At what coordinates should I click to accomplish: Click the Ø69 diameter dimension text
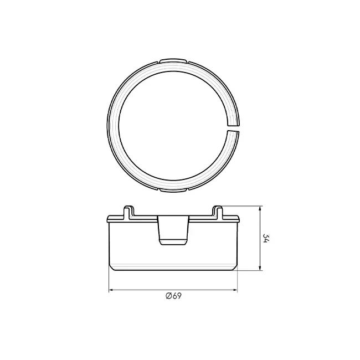tap(173, 296)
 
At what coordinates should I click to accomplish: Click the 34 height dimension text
tap(266, 238)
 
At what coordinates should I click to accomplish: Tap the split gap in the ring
tap(233, 128)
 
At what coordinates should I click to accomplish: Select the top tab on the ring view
tap(173, 60)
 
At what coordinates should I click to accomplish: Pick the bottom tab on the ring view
tap(173, 190)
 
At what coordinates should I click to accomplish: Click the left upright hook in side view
tap(128, 212)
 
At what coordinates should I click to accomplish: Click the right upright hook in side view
tap(218, 212)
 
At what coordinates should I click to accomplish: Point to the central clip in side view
tap(173, 230)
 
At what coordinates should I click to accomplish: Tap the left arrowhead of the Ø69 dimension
tap(111, 290)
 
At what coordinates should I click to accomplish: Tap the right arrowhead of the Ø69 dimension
tap(235, 290)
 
